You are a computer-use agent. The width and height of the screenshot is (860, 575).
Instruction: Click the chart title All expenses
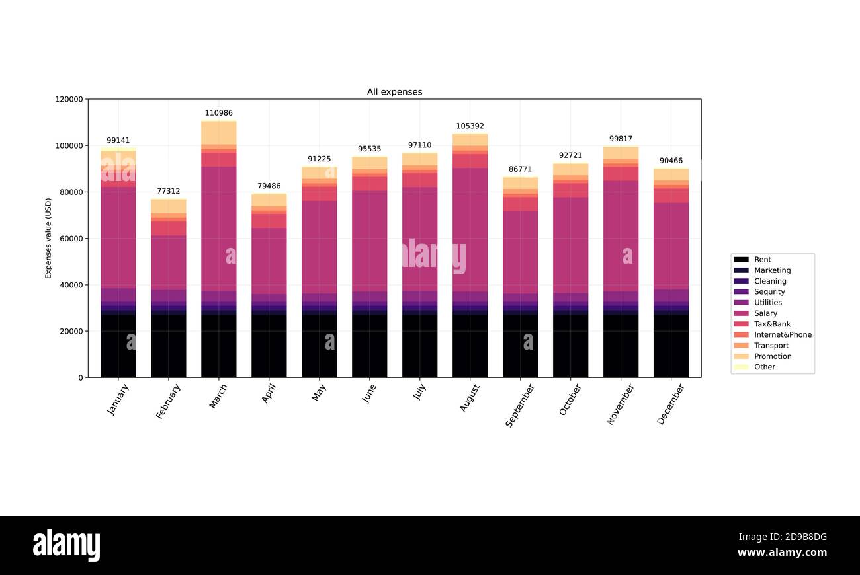[x=394, y=92]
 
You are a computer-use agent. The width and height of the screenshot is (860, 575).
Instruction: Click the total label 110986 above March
[x=218, y=113]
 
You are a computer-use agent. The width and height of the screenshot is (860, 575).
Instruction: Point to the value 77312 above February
[x=168, y=191]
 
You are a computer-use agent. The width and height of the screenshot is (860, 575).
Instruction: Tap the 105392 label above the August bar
[x=470, y=126]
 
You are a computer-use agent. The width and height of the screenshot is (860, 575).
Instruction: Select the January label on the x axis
[x=118, y=399]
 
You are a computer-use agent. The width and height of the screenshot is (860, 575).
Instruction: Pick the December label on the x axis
[x=670, y=404]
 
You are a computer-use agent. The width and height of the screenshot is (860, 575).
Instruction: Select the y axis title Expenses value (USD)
[x=48, y=238]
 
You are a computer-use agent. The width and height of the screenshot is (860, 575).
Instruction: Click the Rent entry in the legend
[x=762, y=260]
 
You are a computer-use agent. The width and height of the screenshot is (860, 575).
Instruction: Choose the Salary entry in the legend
[x=765, y=313]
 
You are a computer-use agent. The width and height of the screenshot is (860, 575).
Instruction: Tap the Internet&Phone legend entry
[x=782, y=334]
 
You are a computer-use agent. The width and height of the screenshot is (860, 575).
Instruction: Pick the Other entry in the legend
[x=764, y=367]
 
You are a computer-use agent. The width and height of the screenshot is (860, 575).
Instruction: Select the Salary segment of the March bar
[x=218, y=228]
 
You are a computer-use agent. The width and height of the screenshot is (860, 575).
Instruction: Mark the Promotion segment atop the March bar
[x=218, y=132]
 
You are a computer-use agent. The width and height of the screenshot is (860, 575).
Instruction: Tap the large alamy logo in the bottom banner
[x=66, y=545]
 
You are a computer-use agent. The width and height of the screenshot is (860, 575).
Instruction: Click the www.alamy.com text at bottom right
[x=781, y=553]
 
